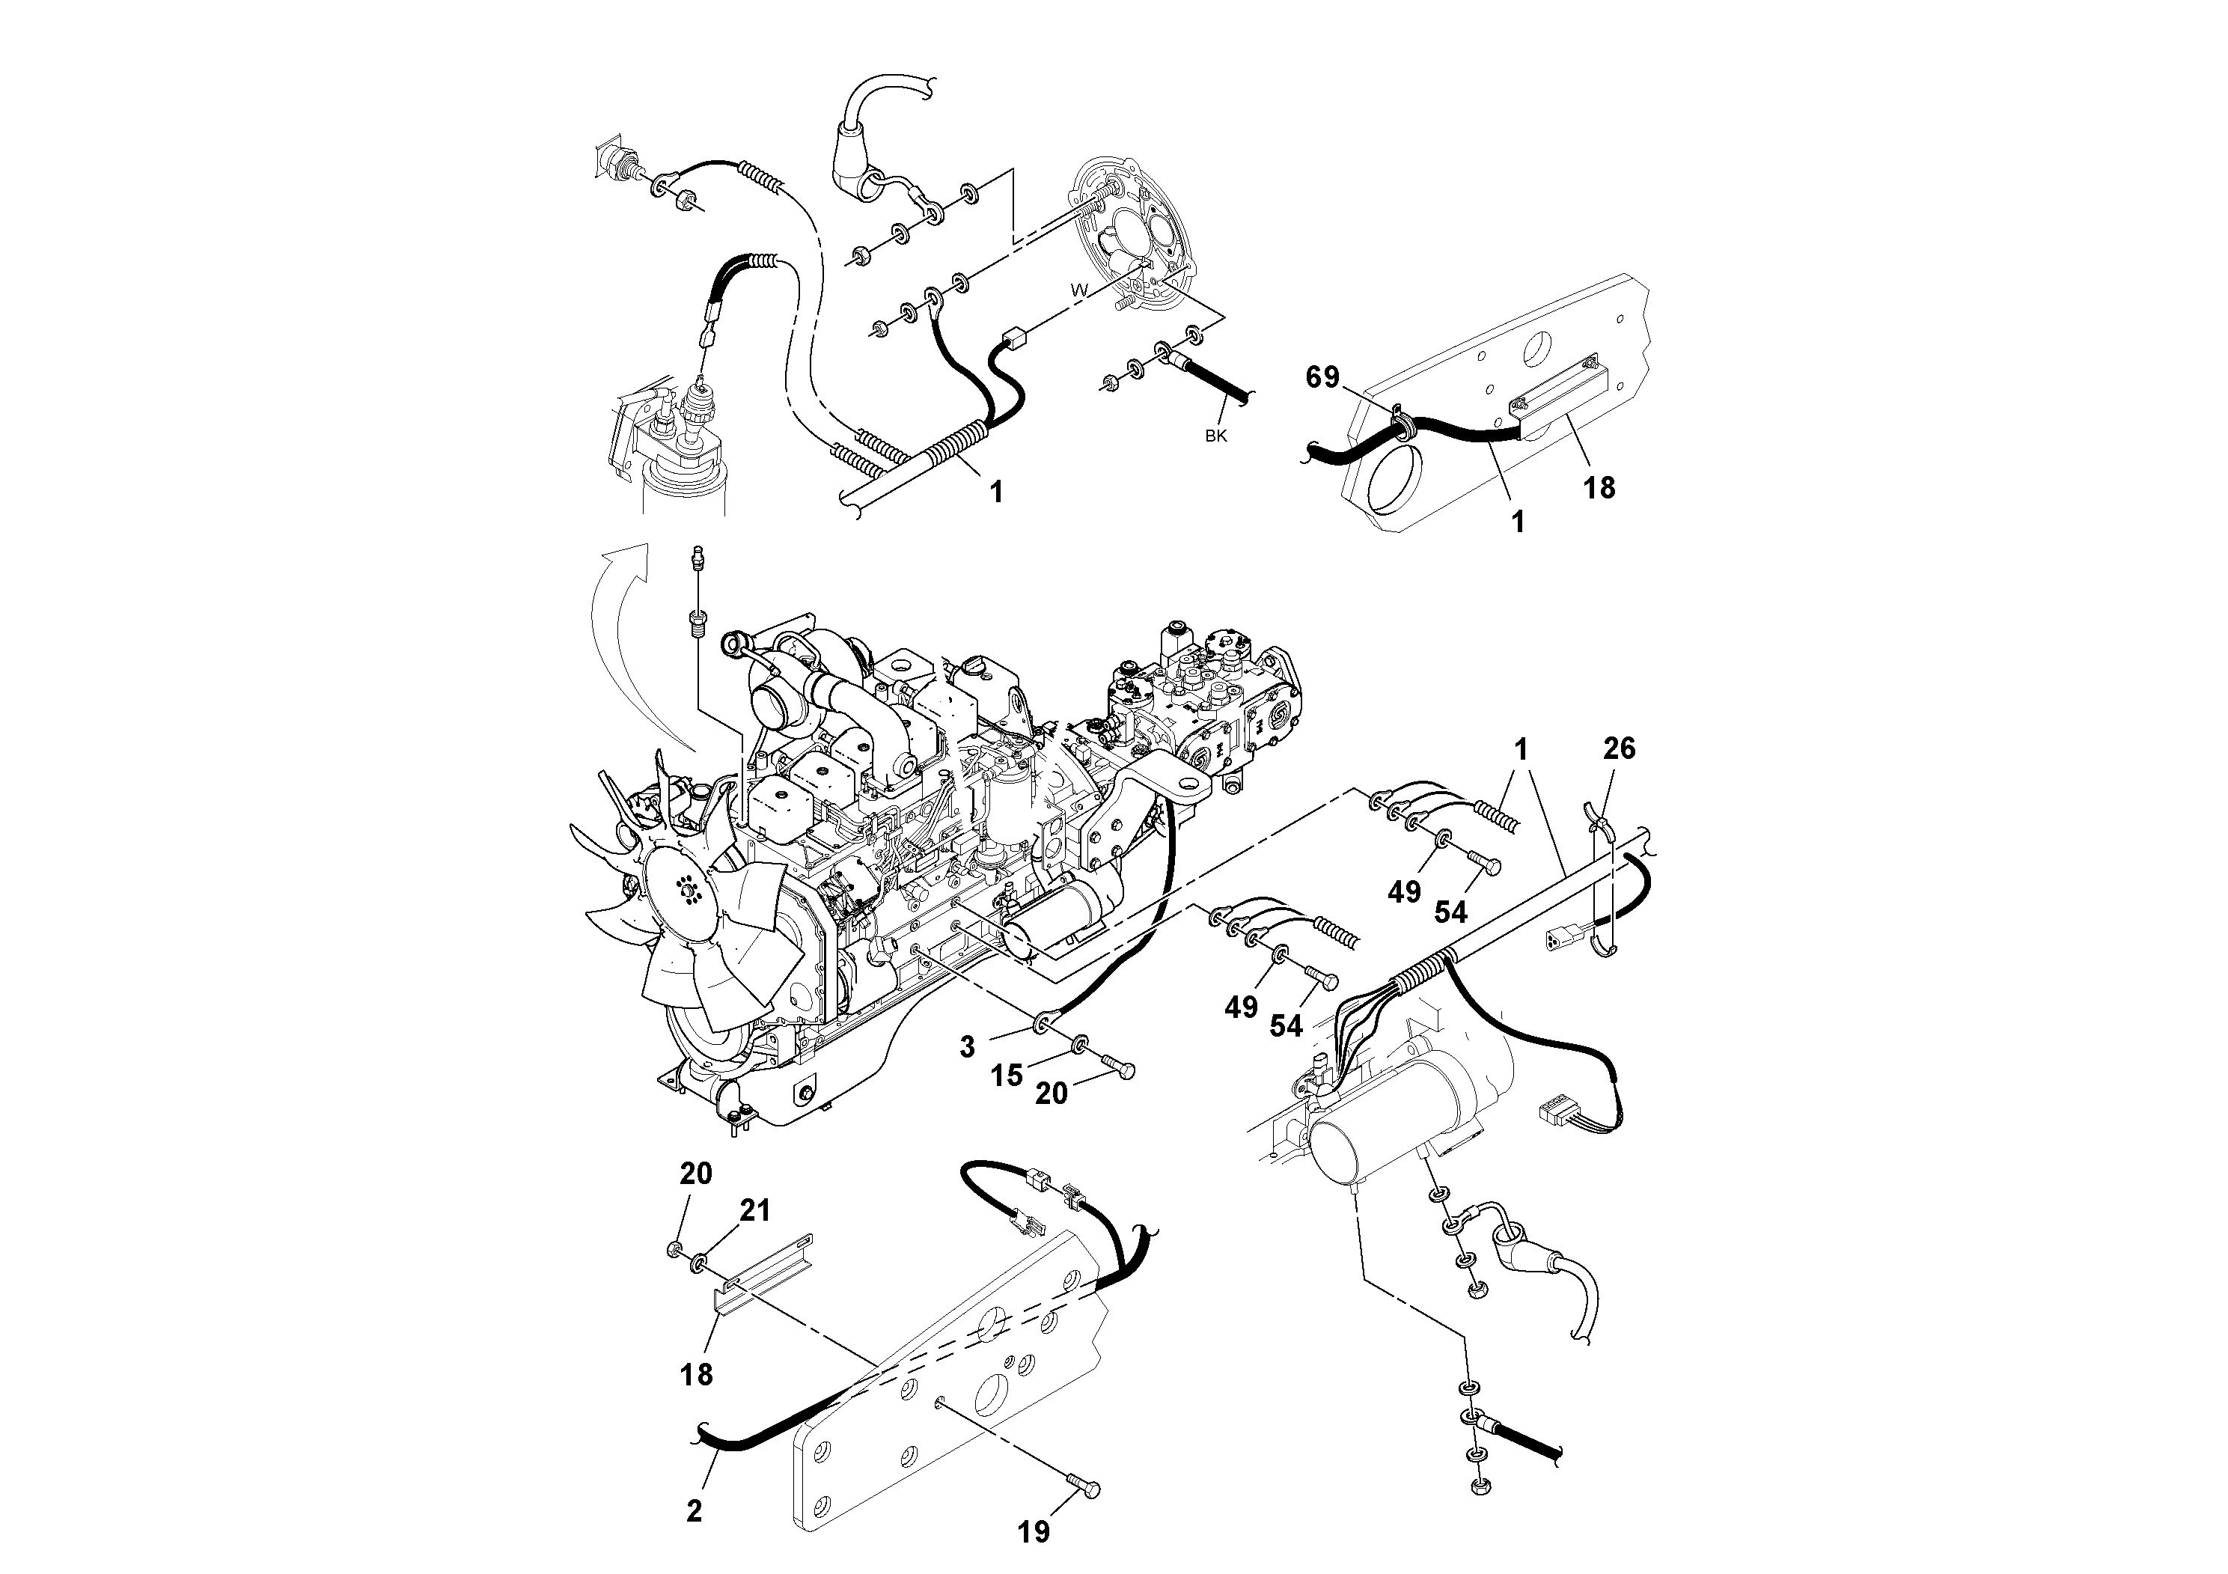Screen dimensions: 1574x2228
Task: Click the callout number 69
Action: click(x=1322, y=377)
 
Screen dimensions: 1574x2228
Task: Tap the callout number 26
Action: click(x=1619, y=748)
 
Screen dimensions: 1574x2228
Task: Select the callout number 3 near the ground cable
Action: click(x=966, y=1047)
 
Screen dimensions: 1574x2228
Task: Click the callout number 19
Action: click(x=1034, y=1531)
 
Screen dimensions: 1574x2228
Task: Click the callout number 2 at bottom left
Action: click(x=694, y=1511)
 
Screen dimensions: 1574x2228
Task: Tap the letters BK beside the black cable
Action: click(x=1216, y=436)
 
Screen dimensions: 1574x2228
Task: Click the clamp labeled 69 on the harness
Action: click(x=1400, y=422)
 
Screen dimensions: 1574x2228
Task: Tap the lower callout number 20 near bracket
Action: click(x=695, y=1174)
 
